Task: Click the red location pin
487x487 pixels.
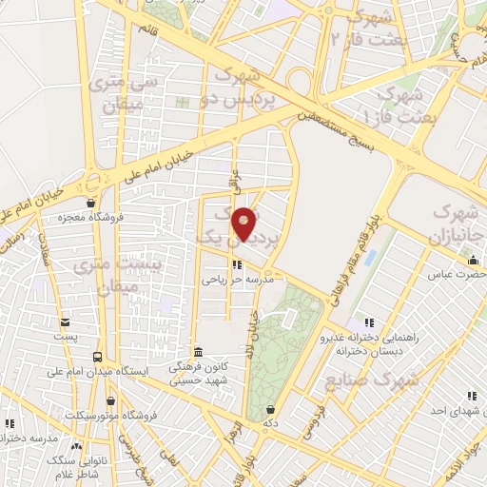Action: pyautogui.click(x=244, y=224)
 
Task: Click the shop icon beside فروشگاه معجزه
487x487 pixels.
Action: pyautogui.click(x=89, y=202)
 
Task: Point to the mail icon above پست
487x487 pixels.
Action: pyautogui.click(x=65, y=321)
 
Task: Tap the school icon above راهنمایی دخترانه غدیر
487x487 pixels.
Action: pyautogui.click(x=369, y=322)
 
